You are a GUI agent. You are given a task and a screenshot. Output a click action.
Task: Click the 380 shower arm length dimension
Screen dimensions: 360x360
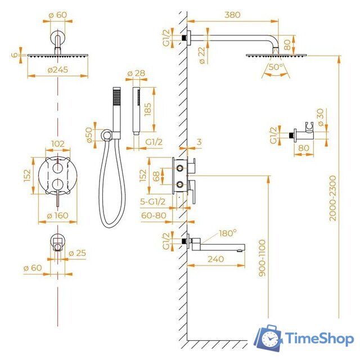pyautogui.click(x=232, y=15)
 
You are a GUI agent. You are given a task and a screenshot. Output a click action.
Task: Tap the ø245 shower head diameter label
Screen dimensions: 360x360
pyautogui.click(x=58, y=70)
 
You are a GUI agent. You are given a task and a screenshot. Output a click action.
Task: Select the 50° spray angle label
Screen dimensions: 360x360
pyautogui.click(x=276, y=67)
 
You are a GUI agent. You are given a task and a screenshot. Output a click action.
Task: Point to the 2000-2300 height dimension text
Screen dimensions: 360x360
pyautogui.click(x=332, y=198)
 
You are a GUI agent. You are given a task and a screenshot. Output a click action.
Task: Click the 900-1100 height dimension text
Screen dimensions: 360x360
pyautogui.click(x=262, y=258)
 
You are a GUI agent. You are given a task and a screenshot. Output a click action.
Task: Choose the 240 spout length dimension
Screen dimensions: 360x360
pyautogui.click(x=215, y=259)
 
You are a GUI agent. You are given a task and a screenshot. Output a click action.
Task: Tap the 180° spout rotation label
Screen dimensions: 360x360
pyautogui.click(x=227, y=233)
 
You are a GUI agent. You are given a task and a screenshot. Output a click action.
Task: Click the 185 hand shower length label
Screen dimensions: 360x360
pyautogui.click(x=147, y=110)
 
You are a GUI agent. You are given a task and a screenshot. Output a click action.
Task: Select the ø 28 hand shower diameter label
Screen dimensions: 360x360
pyautogui.click(x=136, y=73)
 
